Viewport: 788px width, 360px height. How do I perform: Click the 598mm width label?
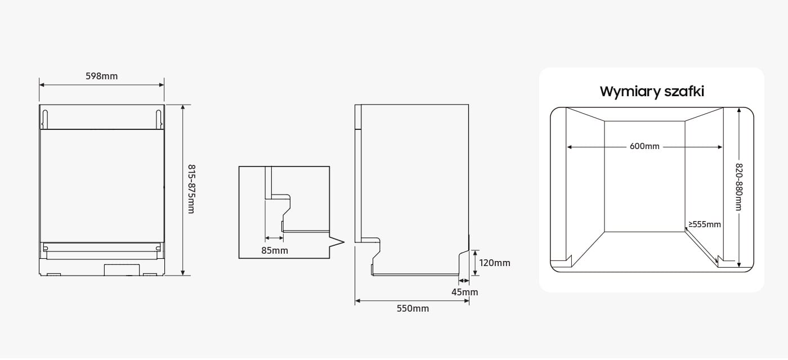point(102,76)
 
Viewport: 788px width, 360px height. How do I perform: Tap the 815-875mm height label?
point(191,189)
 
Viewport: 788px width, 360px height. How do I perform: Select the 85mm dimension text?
point(275,250)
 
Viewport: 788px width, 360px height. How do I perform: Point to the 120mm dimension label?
point(495,263)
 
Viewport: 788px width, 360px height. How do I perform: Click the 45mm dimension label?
point(465,292)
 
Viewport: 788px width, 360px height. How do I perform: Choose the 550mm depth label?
point(413,308)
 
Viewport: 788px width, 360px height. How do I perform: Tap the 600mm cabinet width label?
point(644,146)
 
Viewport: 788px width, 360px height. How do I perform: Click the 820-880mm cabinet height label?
point(738,187)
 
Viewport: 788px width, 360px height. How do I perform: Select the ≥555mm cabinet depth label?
point(705,224)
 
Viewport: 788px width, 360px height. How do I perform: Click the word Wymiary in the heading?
point(629,92)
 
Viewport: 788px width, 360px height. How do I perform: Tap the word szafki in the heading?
point(684,91)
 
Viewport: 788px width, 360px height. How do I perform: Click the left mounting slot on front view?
point(44,119)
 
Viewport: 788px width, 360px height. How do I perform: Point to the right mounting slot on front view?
point(159,119)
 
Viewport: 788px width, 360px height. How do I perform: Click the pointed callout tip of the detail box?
point(344,242)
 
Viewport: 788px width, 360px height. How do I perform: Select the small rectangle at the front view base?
point(122,269)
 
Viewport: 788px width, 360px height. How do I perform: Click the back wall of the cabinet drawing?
point(644,177)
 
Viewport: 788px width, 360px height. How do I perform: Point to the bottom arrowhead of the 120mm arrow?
point(475,273)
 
